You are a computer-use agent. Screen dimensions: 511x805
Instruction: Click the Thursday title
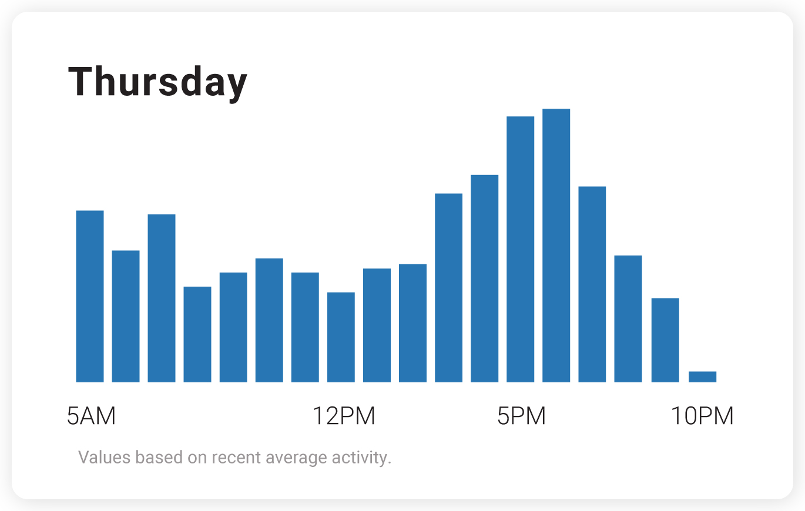point(157,82)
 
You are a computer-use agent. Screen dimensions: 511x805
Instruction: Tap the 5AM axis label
point(91,416)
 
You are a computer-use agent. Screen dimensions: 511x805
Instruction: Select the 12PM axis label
point(343,416)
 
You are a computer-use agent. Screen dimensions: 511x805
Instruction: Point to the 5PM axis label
point(521,416)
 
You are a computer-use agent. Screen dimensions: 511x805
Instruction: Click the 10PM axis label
point(702,416)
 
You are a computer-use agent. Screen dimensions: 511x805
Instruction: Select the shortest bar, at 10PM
point(702,376)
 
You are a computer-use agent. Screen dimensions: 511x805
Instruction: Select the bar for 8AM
point(197,334)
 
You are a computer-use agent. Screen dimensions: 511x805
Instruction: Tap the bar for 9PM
point(665,340)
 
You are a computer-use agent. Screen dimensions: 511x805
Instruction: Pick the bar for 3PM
point(448,288)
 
